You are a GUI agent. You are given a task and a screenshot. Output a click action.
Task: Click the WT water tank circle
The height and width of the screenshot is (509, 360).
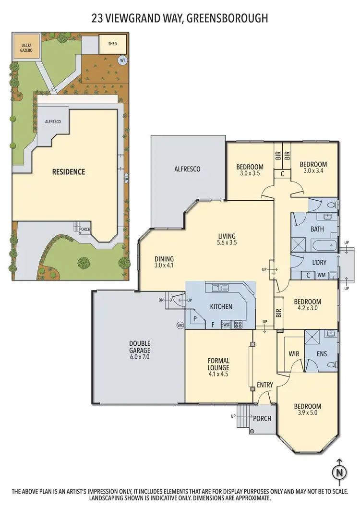(x=122, y=61)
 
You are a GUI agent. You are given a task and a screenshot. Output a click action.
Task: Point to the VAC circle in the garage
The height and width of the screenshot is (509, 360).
(x=180, y=325)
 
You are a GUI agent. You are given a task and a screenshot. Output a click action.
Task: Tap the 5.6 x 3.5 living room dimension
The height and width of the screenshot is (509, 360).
(x=227, y=243)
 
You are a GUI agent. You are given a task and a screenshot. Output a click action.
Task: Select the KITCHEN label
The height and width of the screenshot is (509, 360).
(x=221, y=306)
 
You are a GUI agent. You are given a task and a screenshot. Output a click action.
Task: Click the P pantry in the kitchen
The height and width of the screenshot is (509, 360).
(x=195, y=319)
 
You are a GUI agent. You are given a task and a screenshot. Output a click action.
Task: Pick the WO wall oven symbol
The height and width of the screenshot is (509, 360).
(x=226, y=325)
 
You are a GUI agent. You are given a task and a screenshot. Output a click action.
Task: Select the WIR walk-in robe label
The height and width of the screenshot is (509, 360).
(x=294, y=354)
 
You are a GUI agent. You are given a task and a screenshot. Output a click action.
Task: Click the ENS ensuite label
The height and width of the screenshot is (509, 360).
(x=322, y=354)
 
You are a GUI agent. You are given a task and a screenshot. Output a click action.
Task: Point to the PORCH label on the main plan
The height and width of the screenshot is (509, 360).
(x=262, y=418)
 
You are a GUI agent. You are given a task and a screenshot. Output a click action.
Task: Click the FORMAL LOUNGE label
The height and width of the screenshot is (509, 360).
(x=218, y=365)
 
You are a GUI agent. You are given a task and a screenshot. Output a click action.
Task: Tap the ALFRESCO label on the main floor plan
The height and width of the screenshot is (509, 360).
(x=187, y=169)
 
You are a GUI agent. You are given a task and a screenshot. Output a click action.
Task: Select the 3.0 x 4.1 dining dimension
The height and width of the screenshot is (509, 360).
(x=164, y=265)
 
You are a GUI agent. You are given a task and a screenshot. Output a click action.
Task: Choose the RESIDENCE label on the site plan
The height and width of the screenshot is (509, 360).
(x=69, y=171)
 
